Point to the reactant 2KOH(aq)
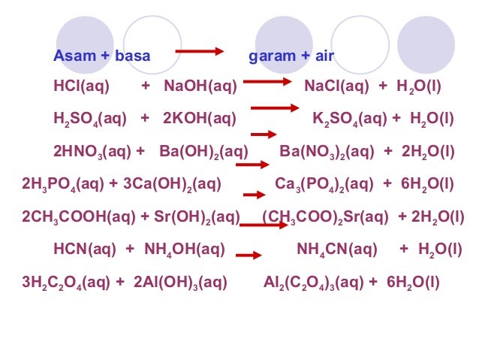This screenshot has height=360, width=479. pyautogui.click(x=200, y=118)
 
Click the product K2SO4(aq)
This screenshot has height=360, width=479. pyautogui.click(x=348, y=118)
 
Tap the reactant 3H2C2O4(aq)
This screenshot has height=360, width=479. pyautogui.click(x=65, y=283)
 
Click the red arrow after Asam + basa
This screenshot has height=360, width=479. pyautogui.click(x=200, y=52)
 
